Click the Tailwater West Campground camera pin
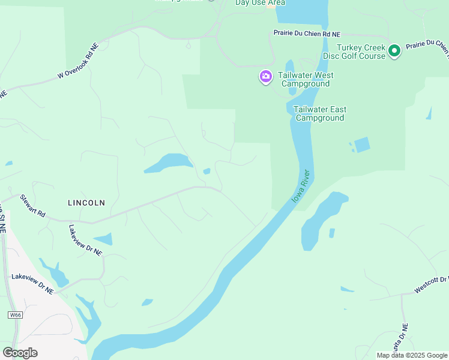(x=265, y=76)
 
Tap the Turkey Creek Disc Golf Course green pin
(x=394, y=52)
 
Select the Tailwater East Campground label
(x=319, y=113)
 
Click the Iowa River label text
(x=301, y=185)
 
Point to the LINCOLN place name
(x=86, y=203)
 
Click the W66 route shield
(x=16, y=315)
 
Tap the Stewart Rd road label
(x=32, y=205)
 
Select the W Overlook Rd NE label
(x=77, y=62)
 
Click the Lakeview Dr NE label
(x=32, y=283)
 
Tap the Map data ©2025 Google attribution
(x=412, y=355)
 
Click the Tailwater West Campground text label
(x=306, y=79)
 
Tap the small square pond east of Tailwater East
(x=362, y=145)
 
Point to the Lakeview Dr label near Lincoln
(x=85, y=240)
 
